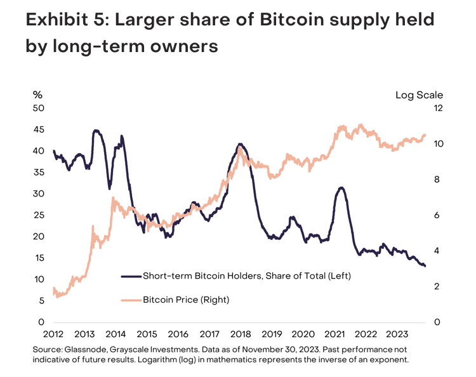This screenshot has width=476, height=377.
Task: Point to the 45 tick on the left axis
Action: point(39,129)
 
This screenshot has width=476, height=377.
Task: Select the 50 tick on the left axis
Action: point(39,109)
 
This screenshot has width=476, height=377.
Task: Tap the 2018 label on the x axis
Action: point(240,334)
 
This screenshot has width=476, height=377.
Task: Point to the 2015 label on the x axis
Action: point(147,334)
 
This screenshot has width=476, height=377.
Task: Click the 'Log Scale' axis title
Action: point(420,95)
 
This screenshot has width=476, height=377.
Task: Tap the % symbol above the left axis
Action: point(38,95)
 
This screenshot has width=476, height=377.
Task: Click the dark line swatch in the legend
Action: point(129,276)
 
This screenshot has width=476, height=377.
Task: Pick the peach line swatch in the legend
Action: point(129,299)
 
